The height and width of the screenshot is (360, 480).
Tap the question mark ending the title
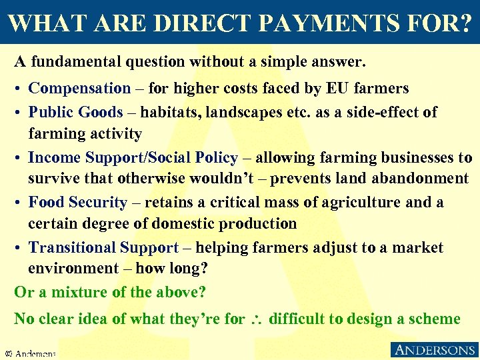(463, 23)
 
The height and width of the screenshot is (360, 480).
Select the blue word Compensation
(80, 88)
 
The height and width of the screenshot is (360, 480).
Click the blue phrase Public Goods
(76, 112)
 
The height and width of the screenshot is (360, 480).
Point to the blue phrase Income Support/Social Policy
(133, 158)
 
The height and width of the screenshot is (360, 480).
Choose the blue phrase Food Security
(78, 202)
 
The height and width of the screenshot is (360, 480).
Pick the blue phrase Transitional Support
(104, 247)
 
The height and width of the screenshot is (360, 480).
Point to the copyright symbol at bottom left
(8, 353)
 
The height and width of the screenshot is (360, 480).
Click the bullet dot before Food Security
(19, 203)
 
